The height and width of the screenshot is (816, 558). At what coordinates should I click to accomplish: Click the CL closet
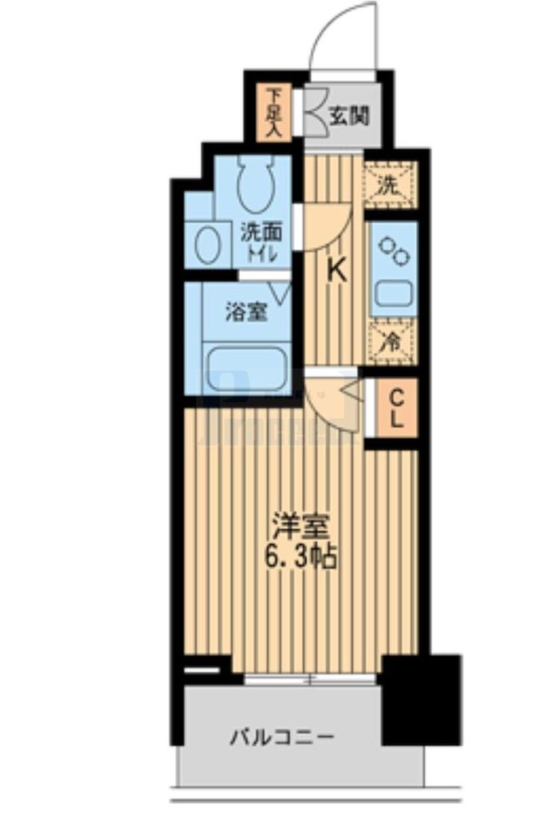point(396,407)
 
